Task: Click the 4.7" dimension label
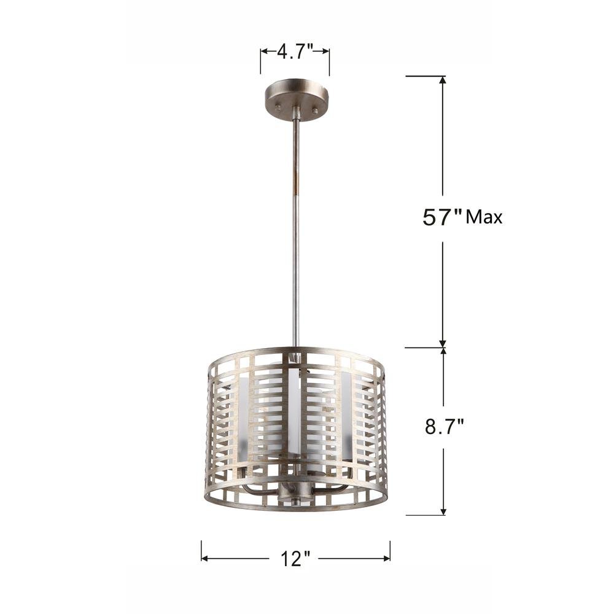[295, 52]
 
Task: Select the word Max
[484, 217]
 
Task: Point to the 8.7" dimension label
[445, 427]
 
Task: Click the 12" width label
[295, 558]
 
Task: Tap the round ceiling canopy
[297, 100]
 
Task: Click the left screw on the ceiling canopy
[278, 106]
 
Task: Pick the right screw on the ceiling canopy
[314, 111]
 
